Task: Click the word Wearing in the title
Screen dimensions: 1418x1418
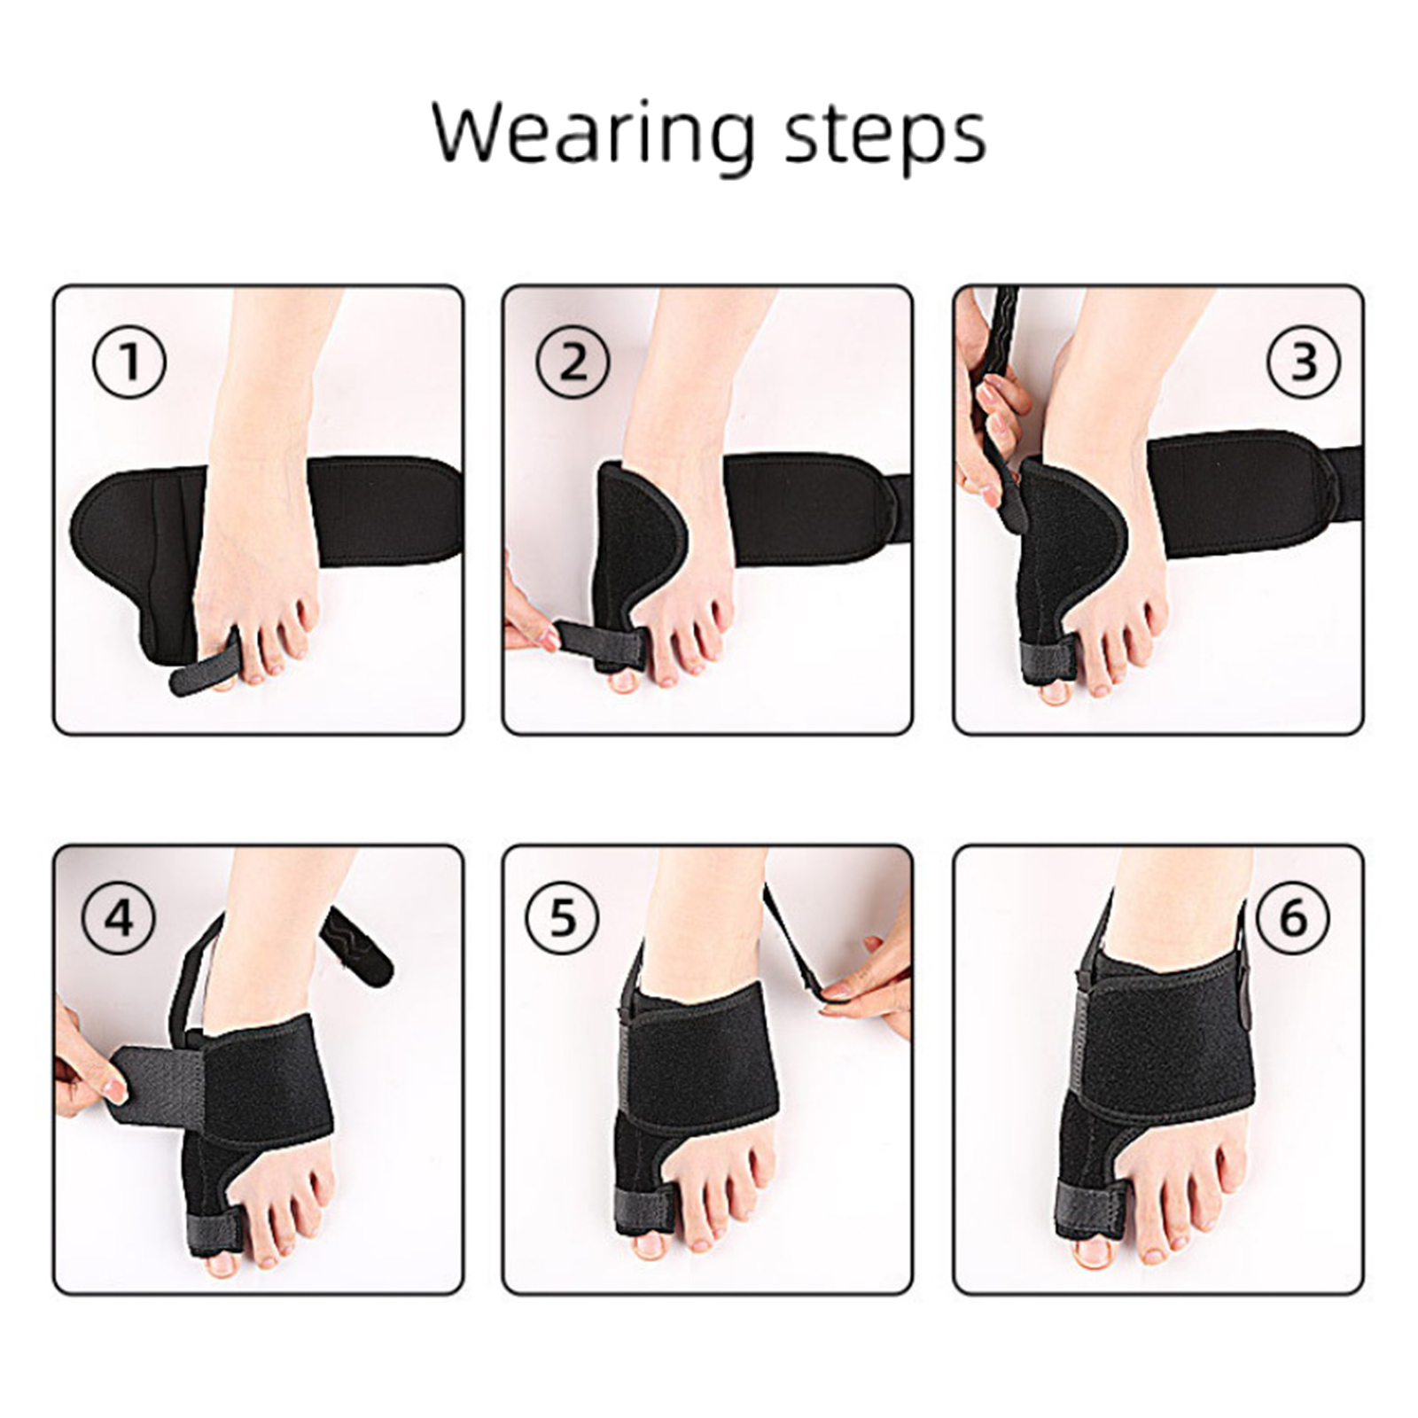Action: pos(593,134)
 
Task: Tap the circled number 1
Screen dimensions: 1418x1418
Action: pos(129,362)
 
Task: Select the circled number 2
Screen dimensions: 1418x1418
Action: pos(573,362)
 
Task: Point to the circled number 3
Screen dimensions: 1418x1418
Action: pos(1304,362)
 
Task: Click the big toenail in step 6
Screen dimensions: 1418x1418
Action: pos(1092,1252)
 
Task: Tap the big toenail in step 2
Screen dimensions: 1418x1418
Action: pos(624,681)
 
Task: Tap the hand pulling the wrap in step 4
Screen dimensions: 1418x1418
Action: pos(84,1055)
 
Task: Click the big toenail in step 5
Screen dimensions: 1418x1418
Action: pos(650,1245)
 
